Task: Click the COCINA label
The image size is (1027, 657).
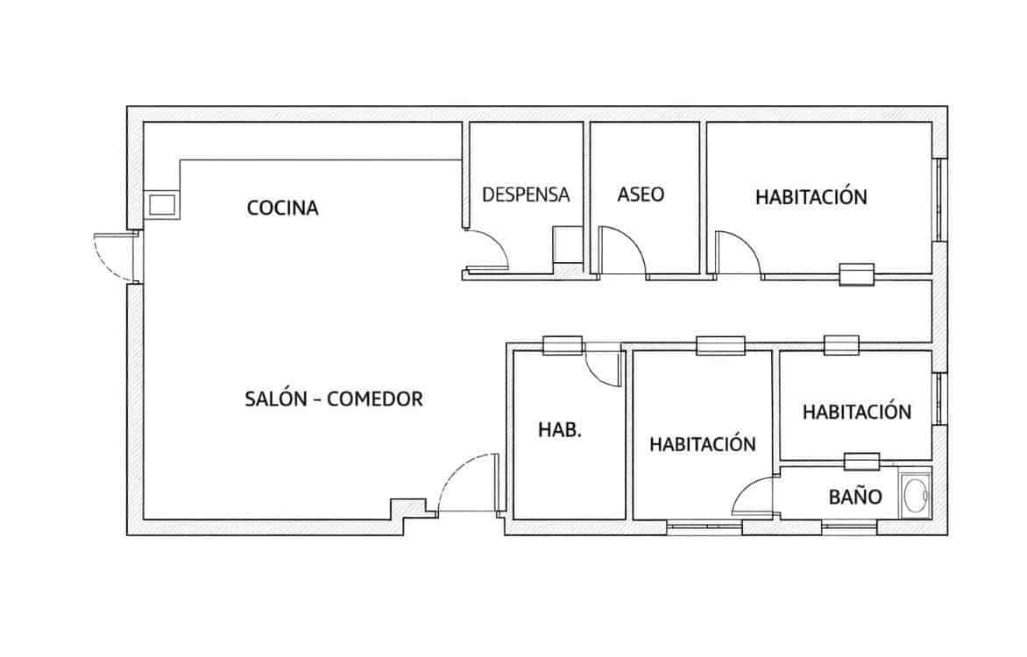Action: (x=282, y=208)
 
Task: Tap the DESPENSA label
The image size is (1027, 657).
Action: (x=526, y=194)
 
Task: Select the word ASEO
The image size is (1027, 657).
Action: (x=641, y=194)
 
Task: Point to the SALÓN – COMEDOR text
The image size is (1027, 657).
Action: (x=334, y=399)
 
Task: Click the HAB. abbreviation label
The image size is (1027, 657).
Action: (x=560, y=430)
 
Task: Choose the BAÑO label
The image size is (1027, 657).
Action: (x=854, y=497)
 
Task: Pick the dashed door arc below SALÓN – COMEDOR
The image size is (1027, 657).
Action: (x=466, y=484)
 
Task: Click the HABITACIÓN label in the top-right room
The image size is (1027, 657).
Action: (x=811, y=197)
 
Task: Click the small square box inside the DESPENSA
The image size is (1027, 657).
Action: (x=566, y=244)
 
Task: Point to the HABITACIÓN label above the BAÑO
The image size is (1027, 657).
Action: (x=856, y=411)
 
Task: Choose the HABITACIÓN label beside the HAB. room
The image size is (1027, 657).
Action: (x=702, y=444)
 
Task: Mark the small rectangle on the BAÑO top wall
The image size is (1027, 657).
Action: (x=861, y=461)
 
